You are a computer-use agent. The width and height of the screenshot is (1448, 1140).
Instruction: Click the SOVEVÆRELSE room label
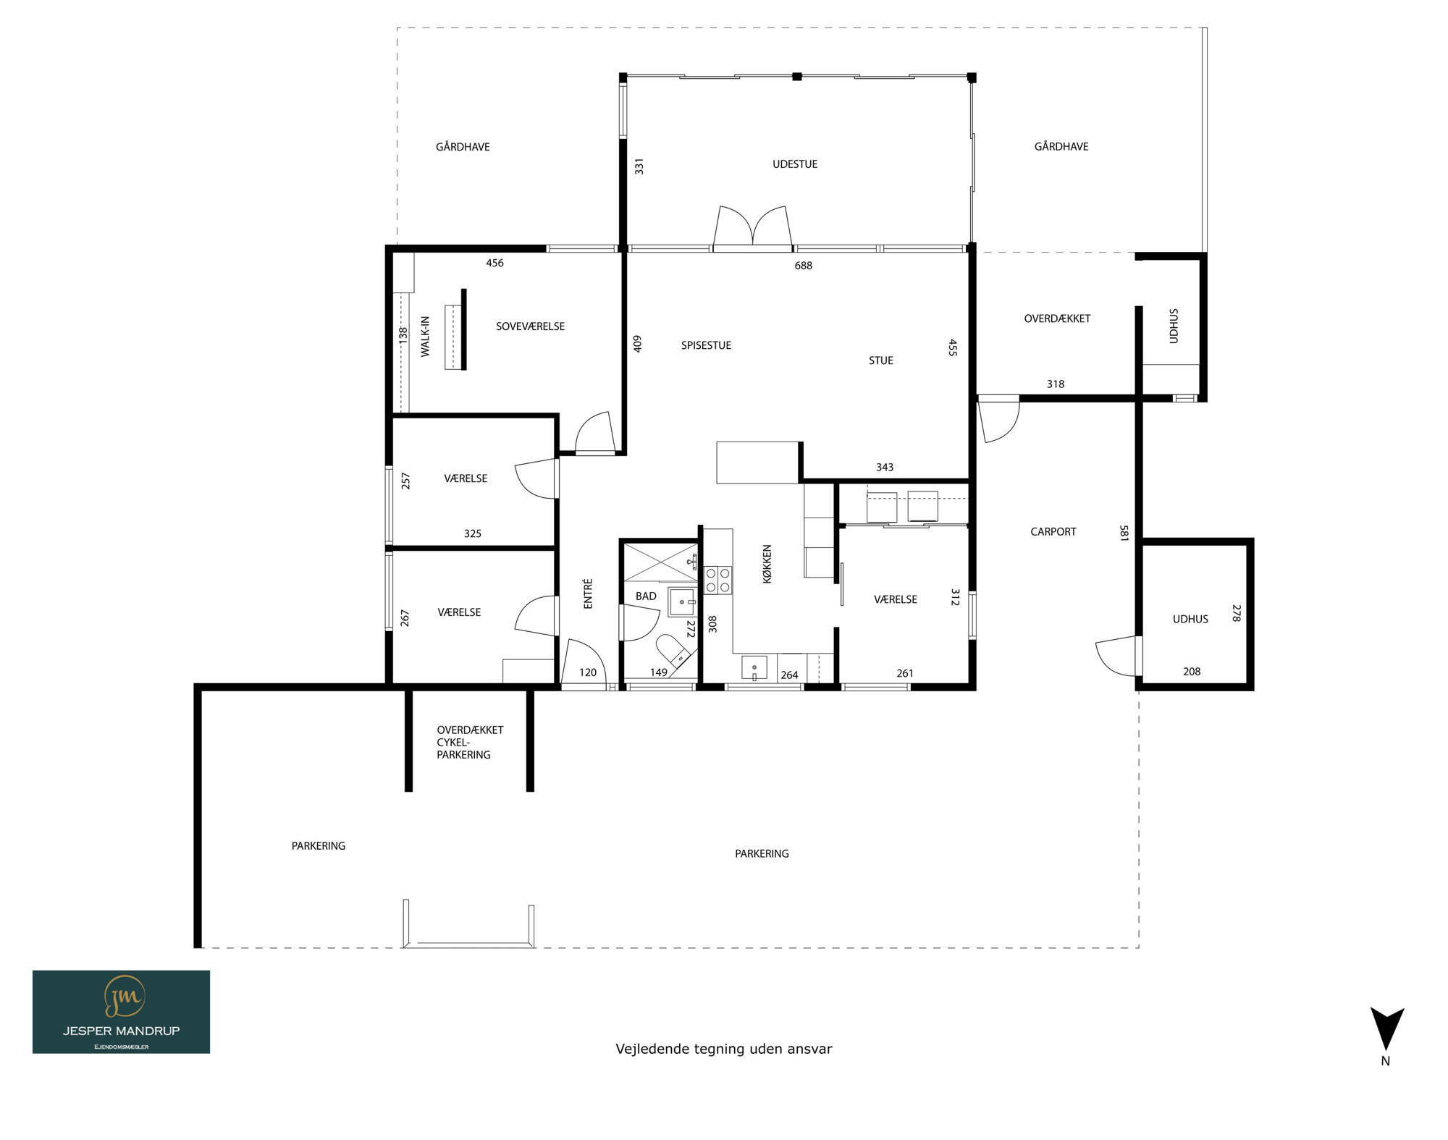click(x=530, y=326)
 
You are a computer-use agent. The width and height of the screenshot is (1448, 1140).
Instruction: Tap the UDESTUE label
click(x=795, y=164)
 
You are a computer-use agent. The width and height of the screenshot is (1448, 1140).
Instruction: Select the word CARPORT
click(x=1053, y=532)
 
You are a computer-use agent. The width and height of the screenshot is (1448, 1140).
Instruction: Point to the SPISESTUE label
click(x=706, y=346)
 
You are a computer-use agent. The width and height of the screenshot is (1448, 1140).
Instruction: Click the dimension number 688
click(x=804, y=266)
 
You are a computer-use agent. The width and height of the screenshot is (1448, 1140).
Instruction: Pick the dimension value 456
click(x=494, y=263)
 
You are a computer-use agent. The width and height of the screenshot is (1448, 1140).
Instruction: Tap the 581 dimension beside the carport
click(x=1124, y=533)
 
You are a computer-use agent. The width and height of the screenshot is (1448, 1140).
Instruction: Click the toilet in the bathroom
click(x=674, y=650)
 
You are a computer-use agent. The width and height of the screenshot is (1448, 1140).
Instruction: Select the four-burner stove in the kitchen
click(x=718, y=580)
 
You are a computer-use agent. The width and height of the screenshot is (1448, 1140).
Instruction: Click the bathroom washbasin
click(x=682, y=602)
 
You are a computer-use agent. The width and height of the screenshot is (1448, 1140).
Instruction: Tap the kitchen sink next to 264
click(x=754, y=668)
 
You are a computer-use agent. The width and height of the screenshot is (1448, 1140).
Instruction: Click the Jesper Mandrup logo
click(x=121, y=1012)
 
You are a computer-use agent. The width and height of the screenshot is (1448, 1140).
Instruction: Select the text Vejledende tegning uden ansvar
click(x=724, y=1050)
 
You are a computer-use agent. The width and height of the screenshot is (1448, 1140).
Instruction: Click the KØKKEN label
click(x=767, y=564)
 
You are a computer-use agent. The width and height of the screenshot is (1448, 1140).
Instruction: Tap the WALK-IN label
click(x=425, y=337)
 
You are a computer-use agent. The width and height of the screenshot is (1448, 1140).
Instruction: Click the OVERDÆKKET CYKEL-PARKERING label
click(x=469, y=743)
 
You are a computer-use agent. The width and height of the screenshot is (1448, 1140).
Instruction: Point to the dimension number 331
click(x=639, y=166)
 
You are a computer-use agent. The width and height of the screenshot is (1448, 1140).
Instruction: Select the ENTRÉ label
click(x=588, y=594)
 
